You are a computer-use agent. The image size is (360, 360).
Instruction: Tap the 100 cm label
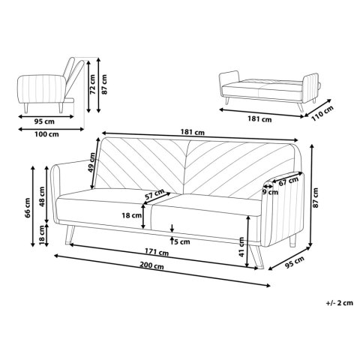click(x=47, y=135)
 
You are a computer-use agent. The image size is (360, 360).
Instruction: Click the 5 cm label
click(x=180, y=241)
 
